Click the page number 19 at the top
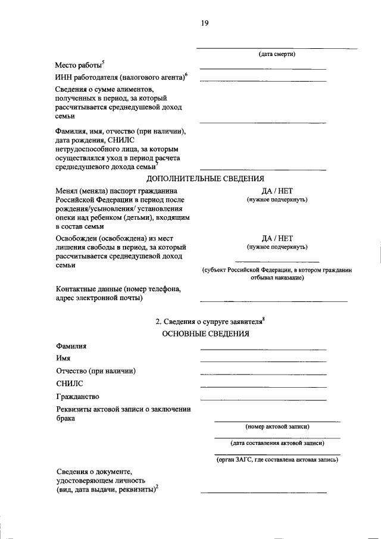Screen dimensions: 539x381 click(204, 23)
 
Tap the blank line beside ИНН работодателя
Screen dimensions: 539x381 click(263, 80)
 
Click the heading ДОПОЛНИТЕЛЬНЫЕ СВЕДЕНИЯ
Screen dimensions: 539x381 click(205, 179)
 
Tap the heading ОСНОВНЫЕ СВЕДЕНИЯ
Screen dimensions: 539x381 click(205, 334)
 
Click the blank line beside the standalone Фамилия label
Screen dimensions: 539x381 click(263, 348)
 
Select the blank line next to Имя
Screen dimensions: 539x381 click(263, 361)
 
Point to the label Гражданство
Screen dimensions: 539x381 click(77, 396)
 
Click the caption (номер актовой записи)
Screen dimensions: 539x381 click(277, 427)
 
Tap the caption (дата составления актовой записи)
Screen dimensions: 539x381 click(277, 443)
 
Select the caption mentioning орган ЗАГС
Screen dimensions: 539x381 click(277, 459)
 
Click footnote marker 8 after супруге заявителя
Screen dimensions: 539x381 click(264, 319)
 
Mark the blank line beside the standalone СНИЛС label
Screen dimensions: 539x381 click(263, 387)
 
